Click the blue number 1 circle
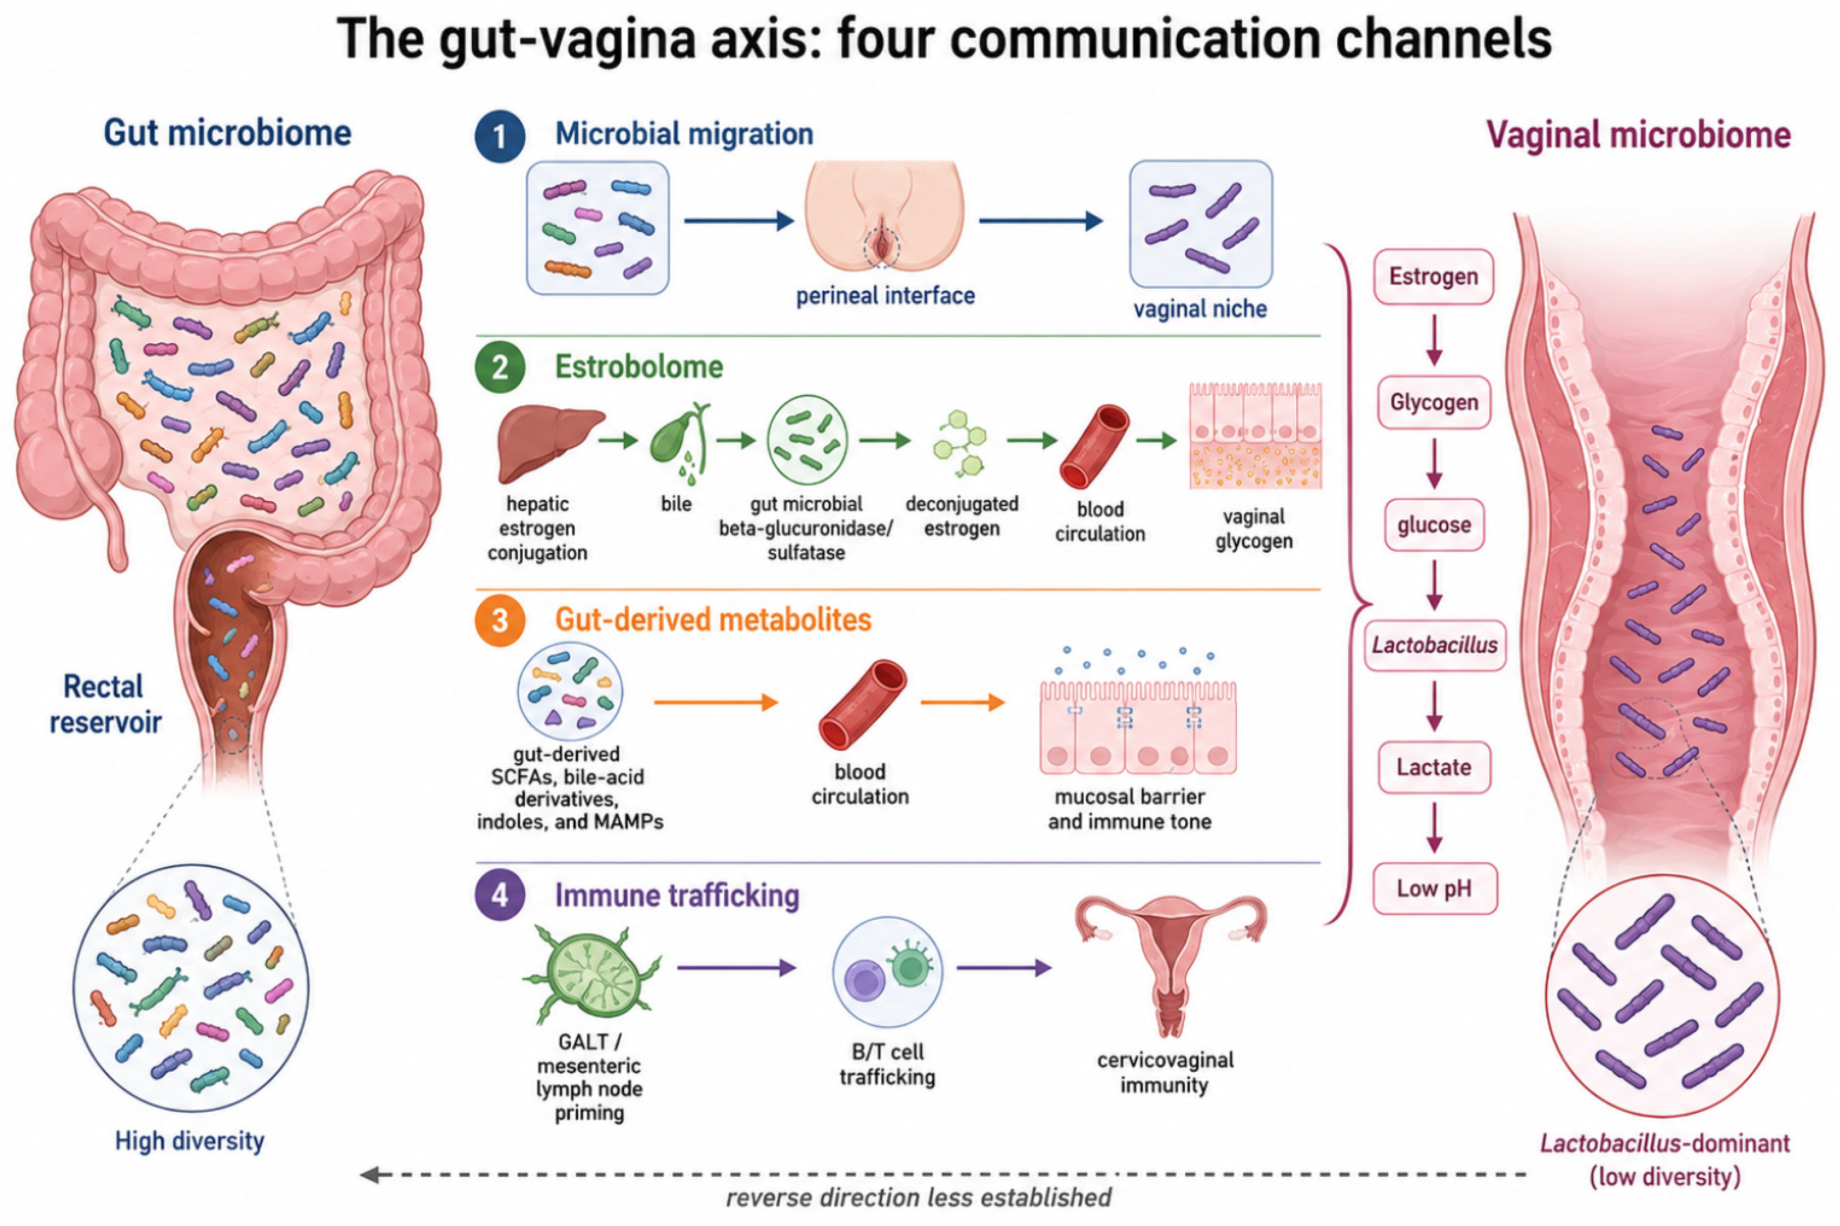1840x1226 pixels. (500, 137)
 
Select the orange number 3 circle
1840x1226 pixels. (500, 621)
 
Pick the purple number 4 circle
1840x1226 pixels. (500, 896)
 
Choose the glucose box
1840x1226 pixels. (1434, 525)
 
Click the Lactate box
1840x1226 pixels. (1433, 767)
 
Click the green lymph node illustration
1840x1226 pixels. (592, 972)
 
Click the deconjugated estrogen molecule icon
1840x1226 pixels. (960, 443)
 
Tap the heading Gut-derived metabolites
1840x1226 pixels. (713, 620)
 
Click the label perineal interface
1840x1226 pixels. (885, 295)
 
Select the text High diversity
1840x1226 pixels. (190, 1141)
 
